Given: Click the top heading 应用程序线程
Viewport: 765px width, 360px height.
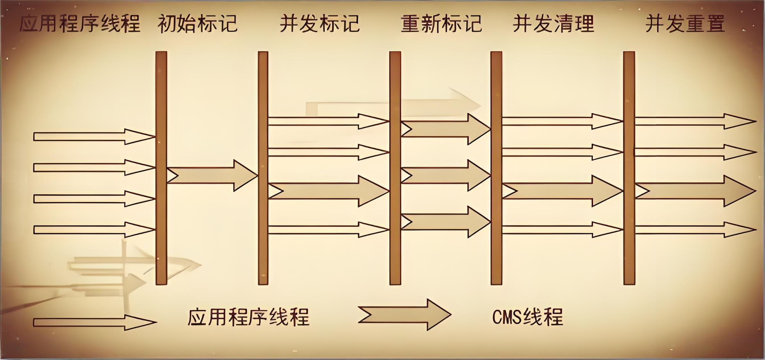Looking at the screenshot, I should point(80,23).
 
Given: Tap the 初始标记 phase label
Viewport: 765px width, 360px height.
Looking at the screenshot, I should point(197,23).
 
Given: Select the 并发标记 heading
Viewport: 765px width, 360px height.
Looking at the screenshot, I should point(320,23).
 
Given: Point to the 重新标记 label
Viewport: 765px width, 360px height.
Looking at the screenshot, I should point(441,23).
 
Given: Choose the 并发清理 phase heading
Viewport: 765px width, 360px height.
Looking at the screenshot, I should point(554,23).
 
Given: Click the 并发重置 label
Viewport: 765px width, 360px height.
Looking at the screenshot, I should point(685,23).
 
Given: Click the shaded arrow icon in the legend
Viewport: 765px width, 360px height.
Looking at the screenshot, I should point(404,315).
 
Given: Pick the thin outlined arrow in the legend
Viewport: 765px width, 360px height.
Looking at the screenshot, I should point(95,322).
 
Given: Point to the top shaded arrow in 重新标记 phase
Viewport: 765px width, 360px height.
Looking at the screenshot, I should point(446,129).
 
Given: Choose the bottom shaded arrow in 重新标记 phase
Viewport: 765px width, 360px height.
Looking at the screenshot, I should point(446,222).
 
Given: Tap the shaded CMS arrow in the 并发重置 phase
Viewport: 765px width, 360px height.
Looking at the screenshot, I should point(695,191).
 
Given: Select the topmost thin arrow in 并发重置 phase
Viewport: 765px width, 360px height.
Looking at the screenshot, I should point(695,121).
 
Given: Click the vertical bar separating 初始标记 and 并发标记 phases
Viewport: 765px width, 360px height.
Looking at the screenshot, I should point(263,168).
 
